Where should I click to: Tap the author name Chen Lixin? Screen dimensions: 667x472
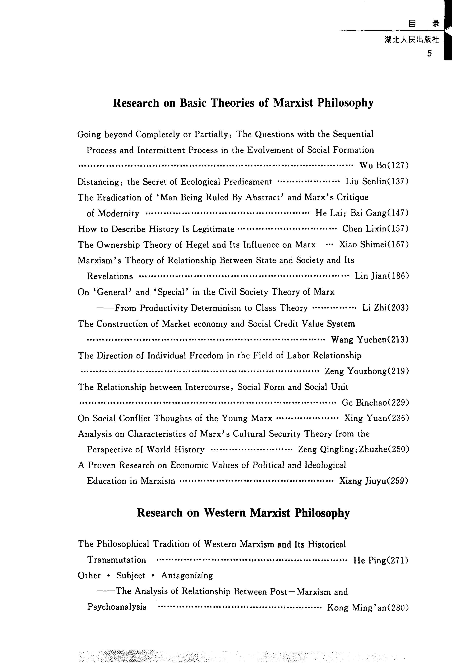(361, 229)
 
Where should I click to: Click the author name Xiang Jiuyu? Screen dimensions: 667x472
(361, 481)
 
